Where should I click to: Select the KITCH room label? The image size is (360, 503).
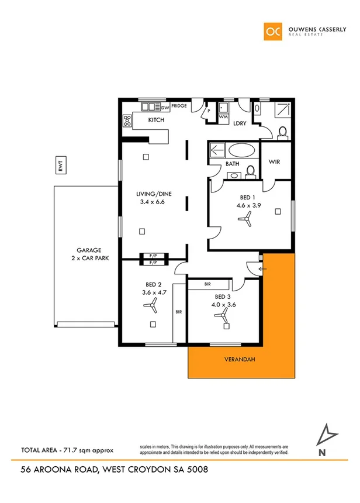[x=156, y=120]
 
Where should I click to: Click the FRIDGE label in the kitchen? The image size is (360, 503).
[x=179, y=106]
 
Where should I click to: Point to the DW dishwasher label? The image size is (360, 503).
[x=165, y=108]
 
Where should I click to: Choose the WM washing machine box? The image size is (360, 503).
[x=223, y=116]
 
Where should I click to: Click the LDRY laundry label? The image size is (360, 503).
[x=240, y=123]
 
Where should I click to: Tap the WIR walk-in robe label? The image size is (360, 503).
[x=276, y=161]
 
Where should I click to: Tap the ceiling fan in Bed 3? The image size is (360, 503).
[x=223, y=316]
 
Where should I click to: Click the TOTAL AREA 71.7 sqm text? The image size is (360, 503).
[x=66, y=450]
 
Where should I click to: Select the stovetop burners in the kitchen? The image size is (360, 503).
[x=127, y=120]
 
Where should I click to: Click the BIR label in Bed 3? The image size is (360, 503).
[x=208, y=284]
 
